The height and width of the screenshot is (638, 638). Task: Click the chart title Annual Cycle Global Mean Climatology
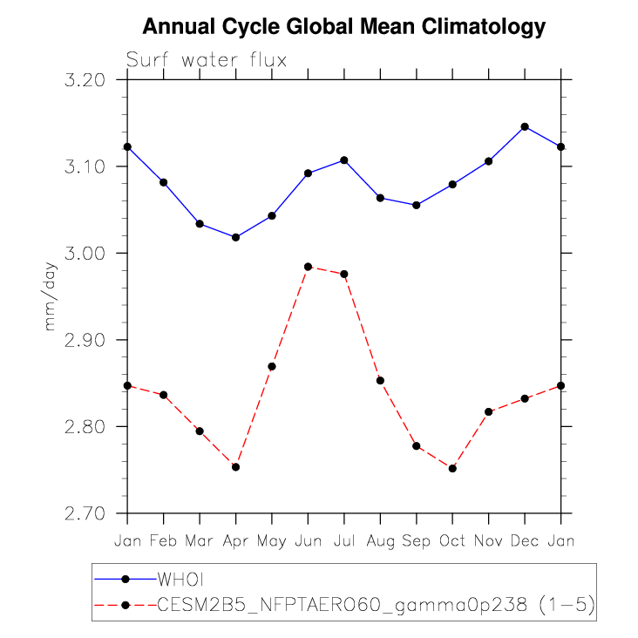coord(343,27)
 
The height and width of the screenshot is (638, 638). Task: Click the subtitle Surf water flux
coord(207,60)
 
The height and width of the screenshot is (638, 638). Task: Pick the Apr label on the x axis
coord(235,541)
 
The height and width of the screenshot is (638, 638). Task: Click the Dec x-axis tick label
coord(525,541)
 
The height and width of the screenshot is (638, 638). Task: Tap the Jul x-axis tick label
coord(344,541)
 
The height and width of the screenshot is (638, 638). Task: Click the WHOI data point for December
coord(525,126)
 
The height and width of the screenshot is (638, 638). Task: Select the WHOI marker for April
coord(235,237)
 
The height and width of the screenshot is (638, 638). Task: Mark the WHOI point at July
coord(344,160)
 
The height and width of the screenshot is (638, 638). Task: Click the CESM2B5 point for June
coord(308,267)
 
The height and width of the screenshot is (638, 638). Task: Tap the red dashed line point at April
coord(235,467)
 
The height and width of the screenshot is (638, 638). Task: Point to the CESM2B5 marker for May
coord(272,366)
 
